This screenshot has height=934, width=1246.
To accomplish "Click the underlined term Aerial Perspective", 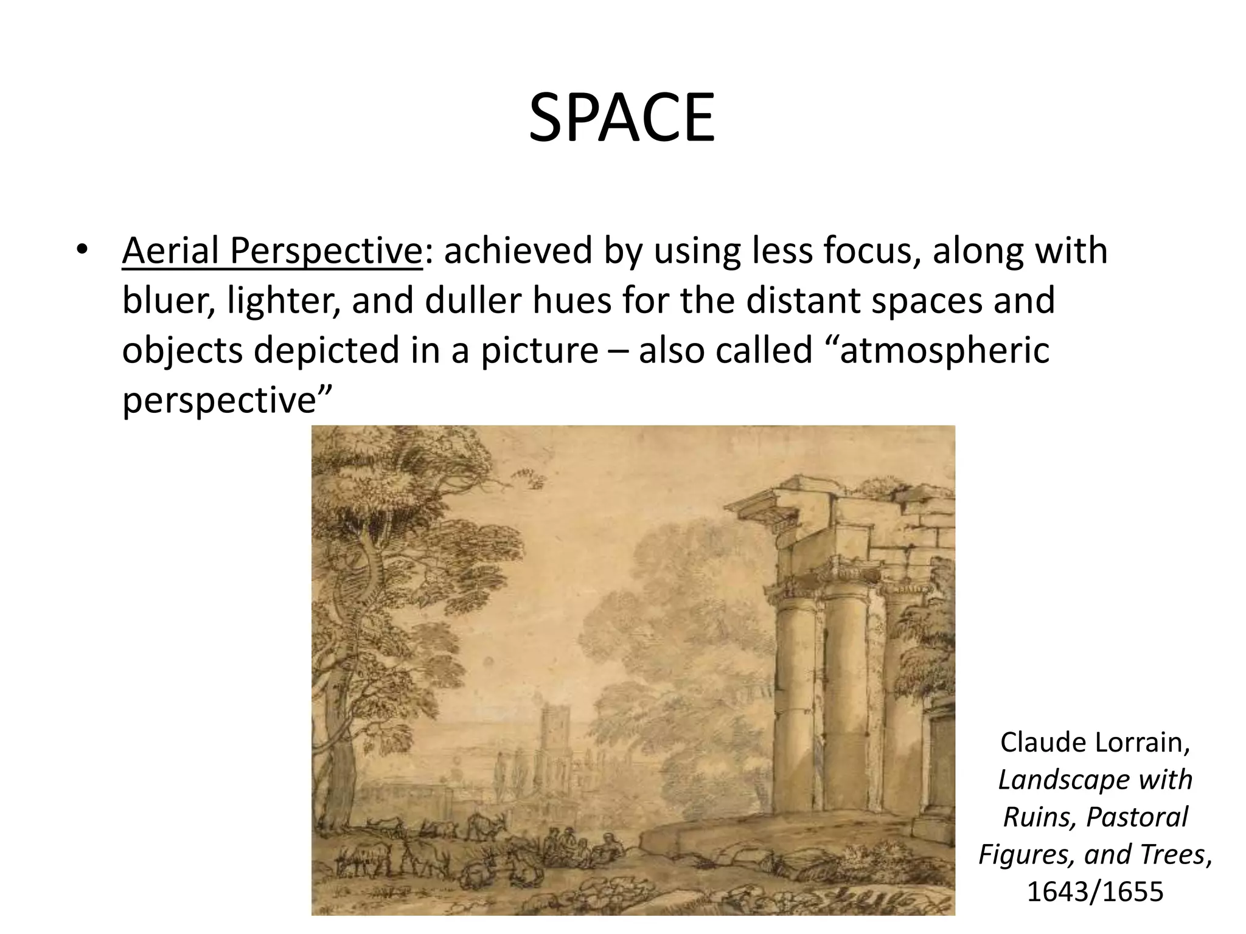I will point(271,251).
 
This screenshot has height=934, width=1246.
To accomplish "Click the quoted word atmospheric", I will point(944,351).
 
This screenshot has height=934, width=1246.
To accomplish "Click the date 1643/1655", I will point(1095,891).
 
